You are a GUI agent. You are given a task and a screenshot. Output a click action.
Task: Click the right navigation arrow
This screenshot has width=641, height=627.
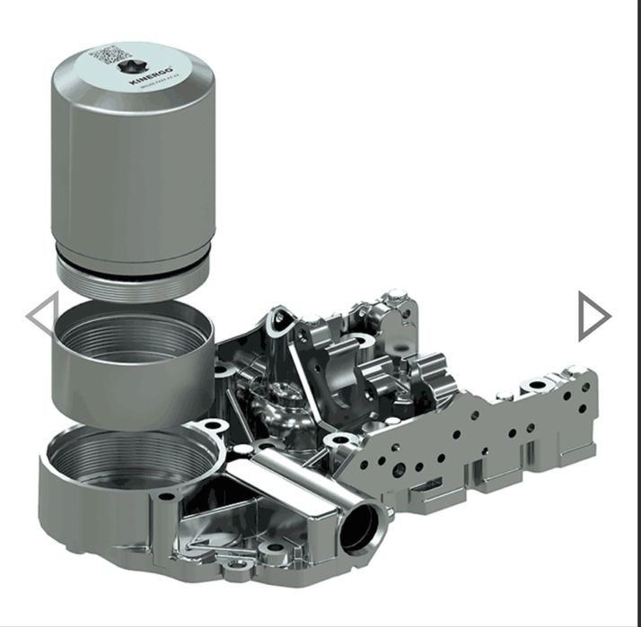[x=593, y=316]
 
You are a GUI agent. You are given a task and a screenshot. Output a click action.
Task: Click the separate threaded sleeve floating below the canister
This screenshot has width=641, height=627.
[x=132, y=368]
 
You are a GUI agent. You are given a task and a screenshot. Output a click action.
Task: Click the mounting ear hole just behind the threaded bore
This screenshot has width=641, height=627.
[x=211, y=425]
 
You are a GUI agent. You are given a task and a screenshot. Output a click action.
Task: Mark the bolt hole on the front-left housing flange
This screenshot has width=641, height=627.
[x=167, y=495]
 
